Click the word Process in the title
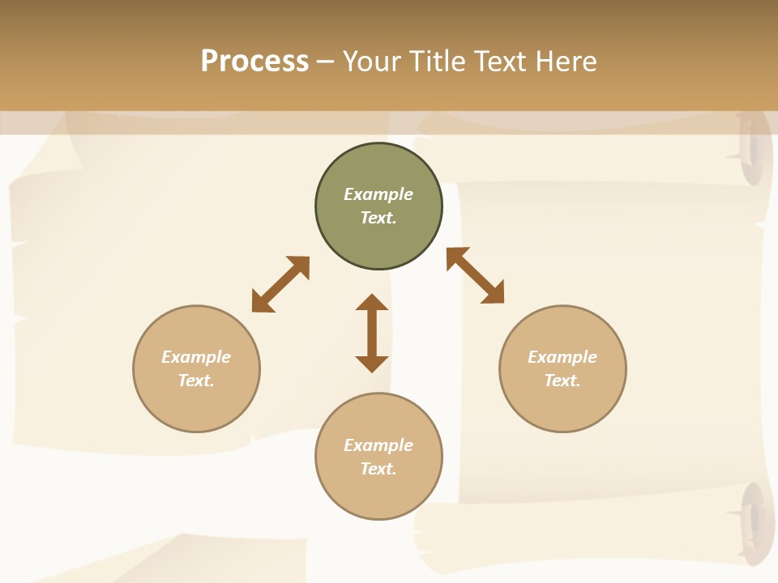254,62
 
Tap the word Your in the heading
374,62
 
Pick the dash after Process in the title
326,62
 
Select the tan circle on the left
196,409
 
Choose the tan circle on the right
562,409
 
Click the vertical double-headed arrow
372,333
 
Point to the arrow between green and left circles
280,284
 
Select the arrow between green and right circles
475,275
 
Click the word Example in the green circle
378,194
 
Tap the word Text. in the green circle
378,218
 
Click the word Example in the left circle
196,357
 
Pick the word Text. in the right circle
562,381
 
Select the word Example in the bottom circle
378,445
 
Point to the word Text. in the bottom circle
378,469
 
